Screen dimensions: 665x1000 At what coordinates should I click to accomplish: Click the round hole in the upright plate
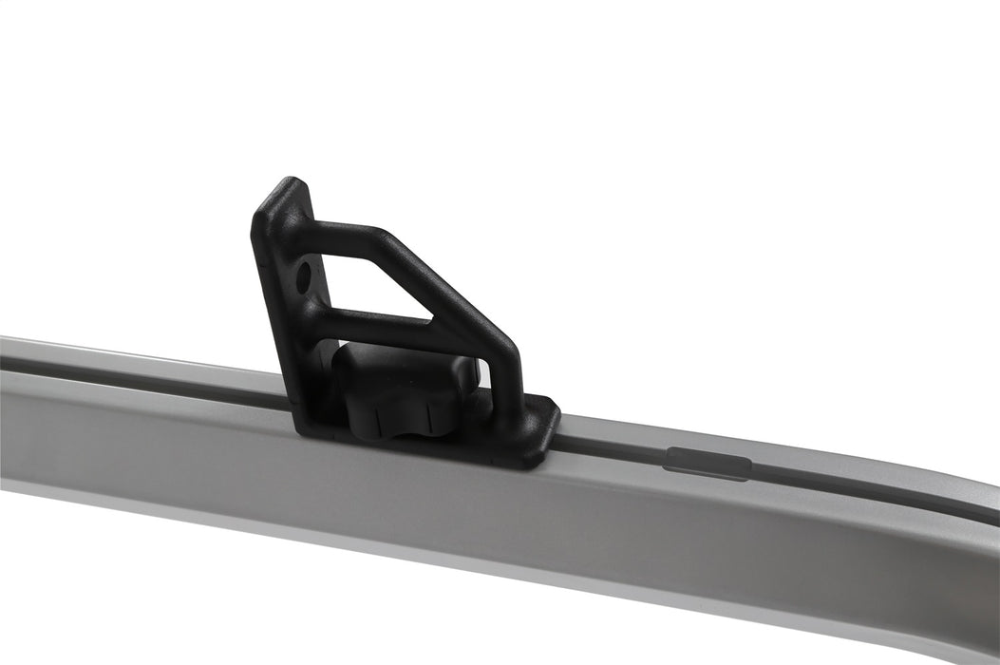click(304, 276)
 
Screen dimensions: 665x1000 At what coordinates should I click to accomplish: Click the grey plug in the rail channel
click(708, 463)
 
